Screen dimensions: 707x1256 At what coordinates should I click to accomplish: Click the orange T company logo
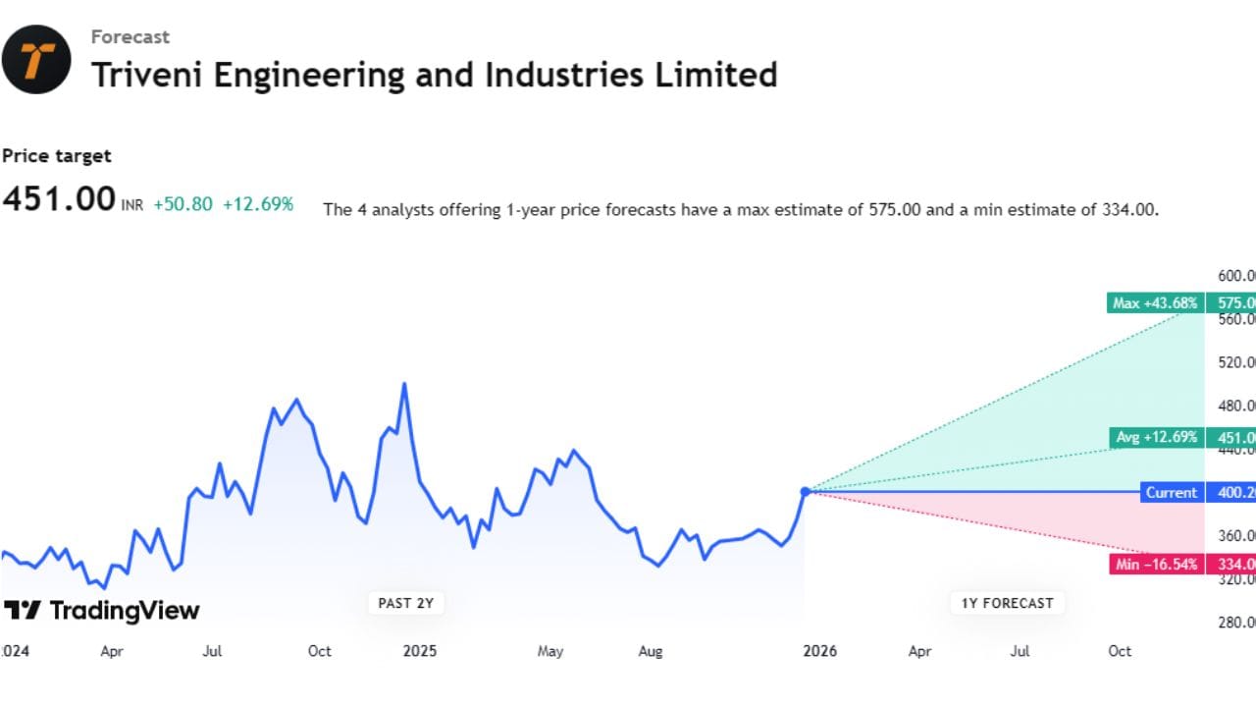[x=36, y=59]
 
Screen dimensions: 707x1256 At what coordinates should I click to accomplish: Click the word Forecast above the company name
[x=130, y=37]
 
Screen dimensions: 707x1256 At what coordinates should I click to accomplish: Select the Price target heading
[x=57, y=155]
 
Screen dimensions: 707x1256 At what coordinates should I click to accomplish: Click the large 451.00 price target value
[x=59, y=199]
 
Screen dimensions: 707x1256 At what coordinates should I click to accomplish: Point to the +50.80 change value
[x=183, y=204]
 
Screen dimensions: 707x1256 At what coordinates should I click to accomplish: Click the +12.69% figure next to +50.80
[x=258, y=204]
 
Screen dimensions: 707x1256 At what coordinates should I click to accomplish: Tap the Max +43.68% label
[x=1155, y=303]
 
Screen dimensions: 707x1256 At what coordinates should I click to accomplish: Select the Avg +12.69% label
[x=1157, y=437]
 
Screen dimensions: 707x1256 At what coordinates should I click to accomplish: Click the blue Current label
[x=1172, y=492]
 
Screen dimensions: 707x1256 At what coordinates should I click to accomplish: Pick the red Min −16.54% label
[x=1155, y=564]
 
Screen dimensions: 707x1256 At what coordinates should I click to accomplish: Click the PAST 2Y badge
[x=405, y=603]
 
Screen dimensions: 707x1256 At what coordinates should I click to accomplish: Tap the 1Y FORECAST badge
[x=1007, y=603]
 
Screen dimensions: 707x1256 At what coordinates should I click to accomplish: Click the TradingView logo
[x=102, y=611]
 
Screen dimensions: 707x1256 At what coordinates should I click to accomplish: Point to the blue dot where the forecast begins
[x=805, y=491]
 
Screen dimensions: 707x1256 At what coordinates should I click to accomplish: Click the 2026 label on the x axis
[x=818, y=651]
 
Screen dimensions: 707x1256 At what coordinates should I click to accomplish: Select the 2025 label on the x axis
[x=419, y=651]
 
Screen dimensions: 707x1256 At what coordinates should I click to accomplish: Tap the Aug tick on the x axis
[x=651, y=651]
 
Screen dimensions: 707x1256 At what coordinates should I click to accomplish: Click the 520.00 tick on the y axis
[x=1235, y=362]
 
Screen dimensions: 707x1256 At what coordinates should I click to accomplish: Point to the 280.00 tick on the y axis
[x=1235, y=622]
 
